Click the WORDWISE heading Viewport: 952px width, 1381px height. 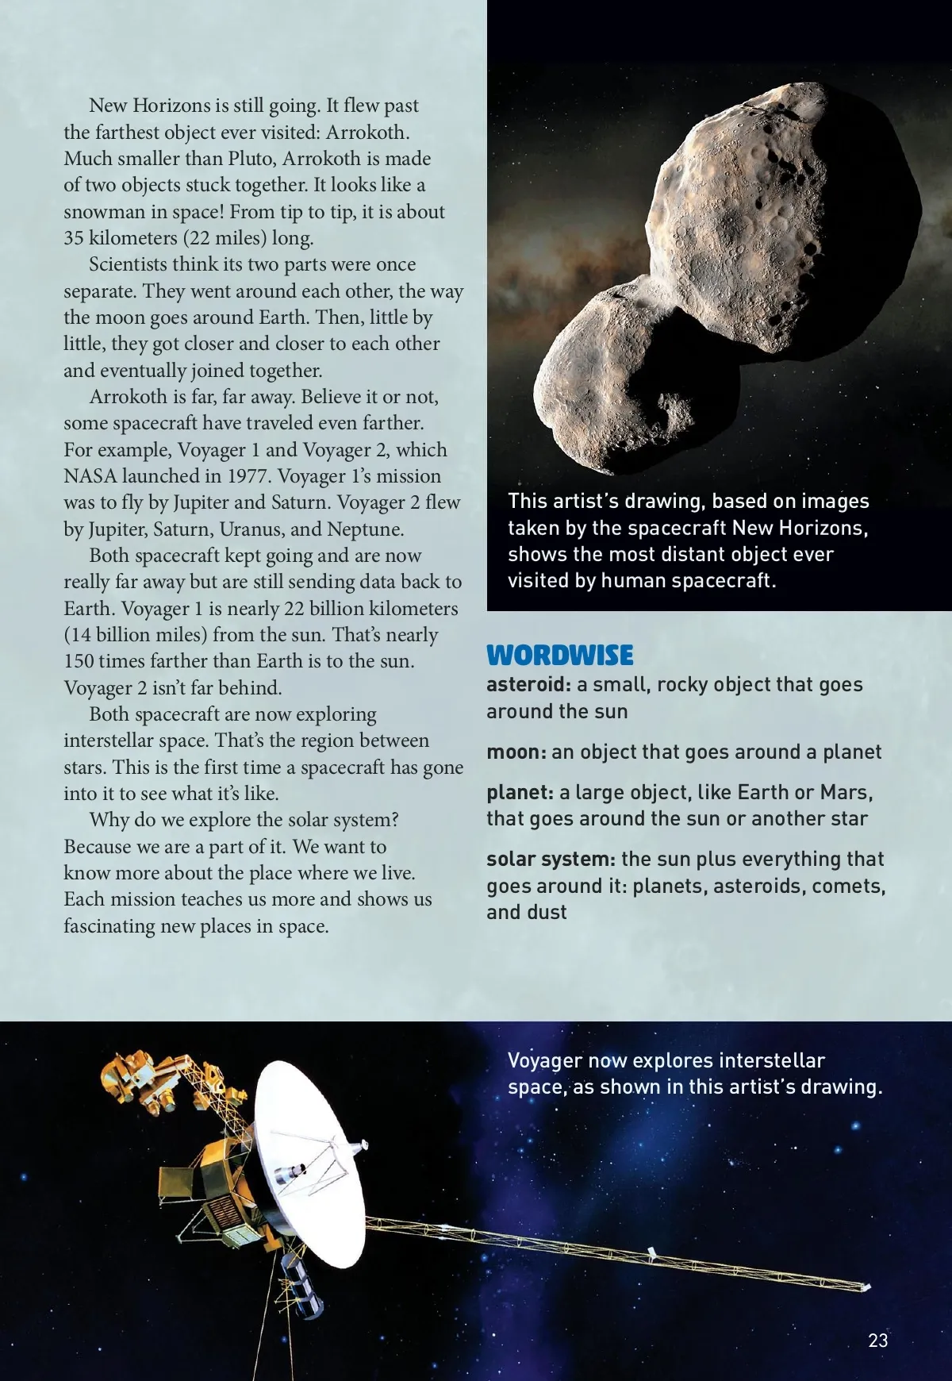(x=559, y=655)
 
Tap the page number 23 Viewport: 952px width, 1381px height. (x=878, y=1341)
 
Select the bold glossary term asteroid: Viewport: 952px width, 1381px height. (x=528, y=685)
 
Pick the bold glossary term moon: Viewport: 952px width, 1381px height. (x=516, y=752)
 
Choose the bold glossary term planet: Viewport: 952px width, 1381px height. (x=520, y=793)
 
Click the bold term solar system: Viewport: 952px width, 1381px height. (x=551, y=860)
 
